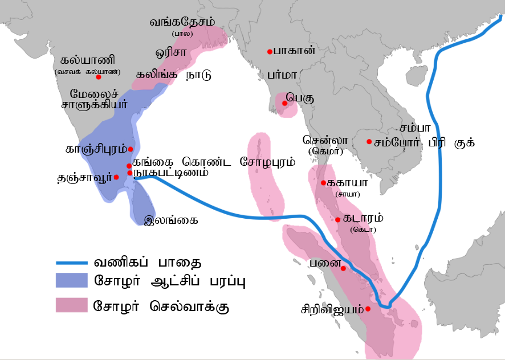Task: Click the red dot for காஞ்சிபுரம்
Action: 131,149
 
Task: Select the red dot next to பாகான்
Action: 269,52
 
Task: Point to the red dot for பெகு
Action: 284,103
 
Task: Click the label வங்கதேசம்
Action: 182,22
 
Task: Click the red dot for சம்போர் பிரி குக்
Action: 369,142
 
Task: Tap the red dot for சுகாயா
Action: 323,183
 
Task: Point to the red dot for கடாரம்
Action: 338,219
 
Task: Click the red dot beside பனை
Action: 343,268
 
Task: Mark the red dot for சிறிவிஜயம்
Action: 368,309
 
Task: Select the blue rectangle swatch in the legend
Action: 71,282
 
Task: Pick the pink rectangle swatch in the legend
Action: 71,305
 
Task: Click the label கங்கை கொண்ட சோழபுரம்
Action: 214,162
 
